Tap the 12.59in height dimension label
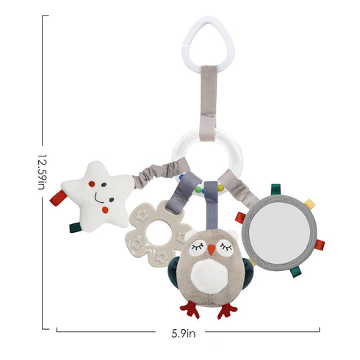[x=42, y=172]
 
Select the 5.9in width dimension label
[x=184, y=334]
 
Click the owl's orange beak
[x=212, y=249]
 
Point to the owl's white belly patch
[x=209, y=276]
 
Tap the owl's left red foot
[x=190, y=309]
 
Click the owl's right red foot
[x=227, y=311]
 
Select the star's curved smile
[x=98, y=198]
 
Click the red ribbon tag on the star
[x=58, y=198]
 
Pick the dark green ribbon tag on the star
[x=76, y=228]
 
